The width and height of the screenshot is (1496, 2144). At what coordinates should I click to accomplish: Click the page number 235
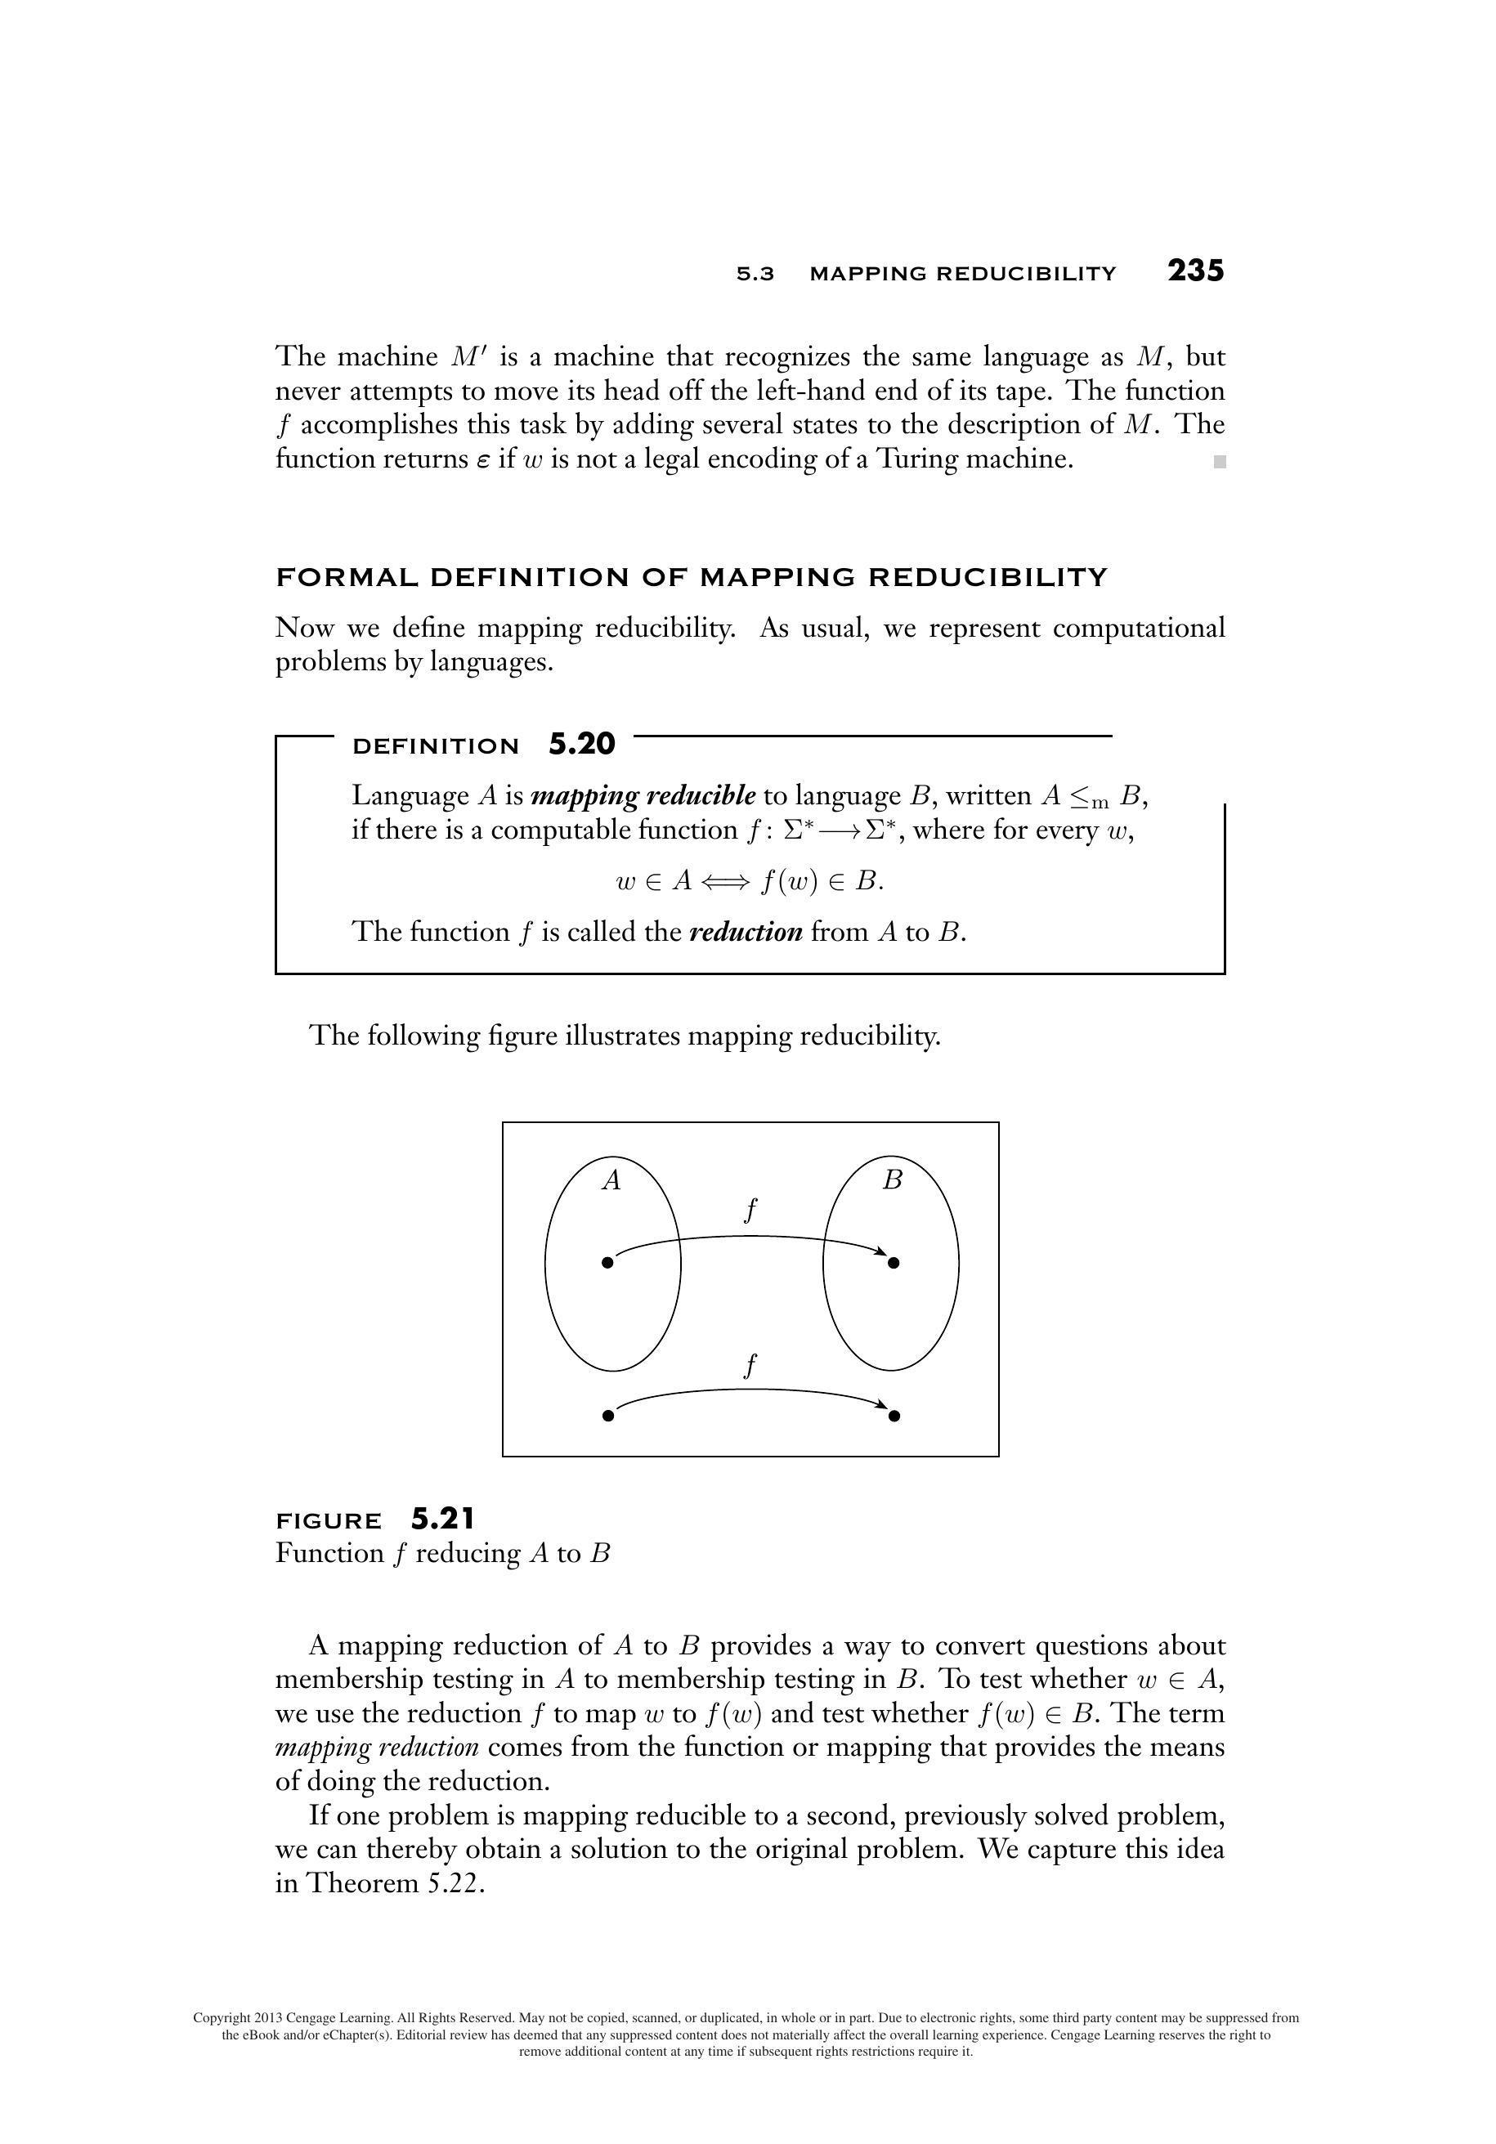pyautogui.click(x=1194, y=271)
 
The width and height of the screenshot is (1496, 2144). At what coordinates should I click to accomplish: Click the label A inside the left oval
pyautogui.click(x=611, y=1180)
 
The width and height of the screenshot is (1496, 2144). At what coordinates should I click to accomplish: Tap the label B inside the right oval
pyautogui.click(x=892, y=1180)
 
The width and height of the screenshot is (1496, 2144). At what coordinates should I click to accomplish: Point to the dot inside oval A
pyautogui.click(x=608, y=1264)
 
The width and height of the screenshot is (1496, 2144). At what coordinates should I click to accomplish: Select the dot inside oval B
pyautogui.click(x=894, y=1264)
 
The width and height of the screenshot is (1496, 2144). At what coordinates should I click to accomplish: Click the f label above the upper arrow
pyautogui.click(x=749, y=1211)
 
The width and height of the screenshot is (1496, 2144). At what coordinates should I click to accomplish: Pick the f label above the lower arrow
pyautogui.click(x=749, y=1366)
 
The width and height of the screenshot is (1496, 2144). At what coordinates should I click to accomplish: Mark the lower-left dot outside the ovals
pyautogui.click(x=608, y=1416)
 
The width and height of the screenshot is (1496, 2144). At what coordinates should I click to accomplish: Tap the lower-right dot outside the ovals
pyautogui.click(x=894, y=1416)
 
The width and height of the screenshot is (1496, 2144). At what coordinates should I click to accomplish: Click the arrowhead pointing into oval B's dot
pyautogui.click(x=880, y=1251)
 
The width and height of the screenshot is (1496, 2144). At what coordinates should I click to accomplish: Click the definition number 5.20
pyautogui.click(x=581, y=745)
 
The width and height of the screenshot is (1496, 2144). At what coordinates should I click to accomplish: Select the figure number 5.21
pyautogui.click(x=442, y=1520)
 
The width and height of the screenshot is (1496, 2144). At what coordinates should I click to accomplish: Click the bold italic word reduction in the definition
pyautogui.click(x=746, y=932)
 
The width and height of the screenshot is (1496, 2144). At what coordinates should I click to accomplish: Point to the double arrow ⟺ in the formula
pyautogui.click(x=723, y=881)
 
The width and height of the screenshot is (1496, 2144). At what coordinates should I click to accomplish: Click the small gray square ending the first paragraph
pyautogui.click(x=1219, y=461)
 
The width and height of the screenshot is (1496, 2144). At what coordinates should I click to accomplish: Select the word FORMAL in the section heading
pyautogui.click(x=347, y=577)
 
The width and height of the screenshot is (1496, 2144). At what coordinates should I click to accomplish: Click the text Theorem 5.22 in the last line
pyautogui.click(x=395, y=1883)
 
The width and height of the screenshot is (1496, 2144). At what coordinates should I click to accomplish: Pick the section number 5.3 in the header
pyautogui.click(x=755, y=274)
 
